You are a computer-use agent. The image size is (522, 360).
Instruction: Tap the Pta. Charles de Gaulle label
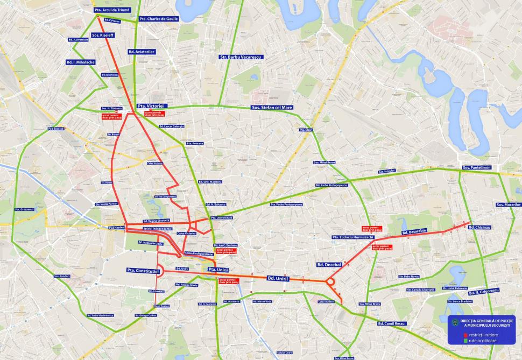click(158, 19)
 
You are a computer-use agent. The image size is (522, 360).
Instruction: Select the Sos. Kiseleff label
click(102, 35)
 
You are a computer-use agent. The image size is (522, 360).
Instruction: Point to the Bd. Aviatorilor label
click(142, 52)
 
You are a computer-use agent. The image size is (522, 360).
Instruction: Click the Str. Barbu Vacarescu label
click(240, 57)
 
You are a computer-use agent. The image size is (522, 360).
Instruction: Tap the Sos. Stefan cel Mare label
click(272, 108)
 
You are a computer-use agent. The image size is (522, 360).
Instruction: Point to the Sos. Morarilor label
click(508, 205)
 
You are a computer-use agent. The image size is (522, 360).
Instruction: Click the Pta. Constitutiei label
click(143, 270)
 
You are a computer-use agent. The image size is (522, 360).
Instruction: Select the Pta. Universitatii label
click(221, 217)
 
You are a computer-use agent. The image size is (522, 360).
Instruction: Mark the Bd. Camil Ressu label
click(392, 324)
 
